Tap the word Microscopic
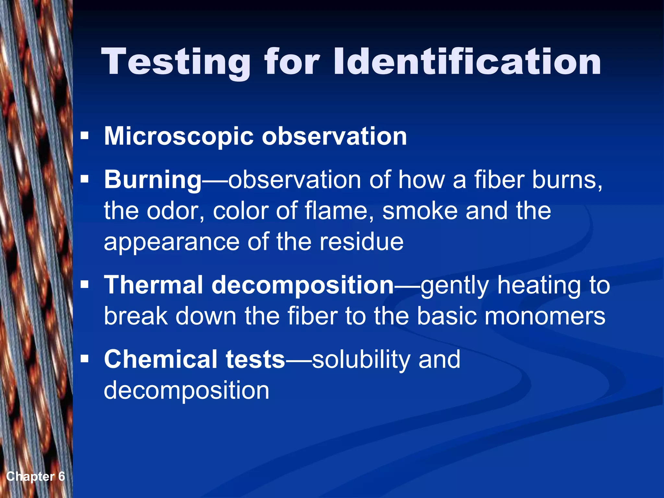178,136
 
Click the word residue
362,242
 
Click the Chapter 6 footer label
36,476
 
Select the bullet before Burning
85,179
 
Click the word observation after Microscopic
334,136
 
